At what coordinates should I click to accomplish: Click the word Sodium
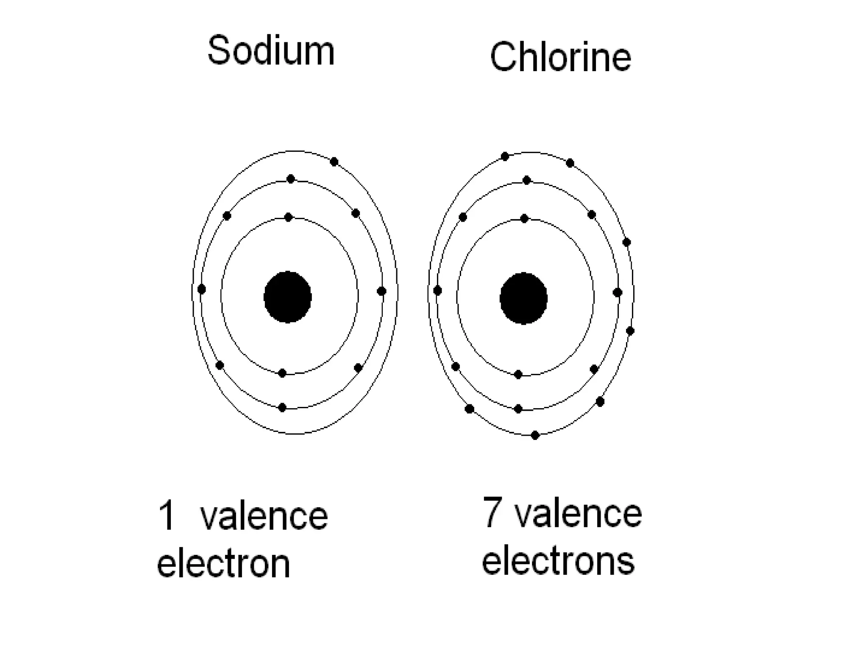point(271,51)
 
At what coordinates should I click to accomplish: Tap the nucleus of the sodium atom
point(288,297)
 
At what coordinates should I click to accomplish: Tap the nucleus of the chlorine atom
point(523,298)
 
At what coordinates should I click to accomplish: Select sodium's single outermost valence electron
point(334,161)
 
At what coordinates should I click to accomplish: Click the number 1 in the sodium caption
point(167,515)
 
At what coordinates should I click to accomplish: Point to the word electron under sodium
point(223,564)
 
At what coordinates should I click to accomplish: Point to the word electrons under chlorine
point(558,560)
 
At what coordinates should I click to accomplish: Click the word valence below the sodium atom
point(264,516)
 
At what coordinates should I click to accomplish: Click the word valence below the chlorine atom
point(579,514)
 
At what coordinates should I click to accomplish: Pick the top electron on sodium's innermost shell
point(289,217)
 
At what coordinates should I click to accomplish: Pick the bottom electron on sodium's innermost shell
point(282,373)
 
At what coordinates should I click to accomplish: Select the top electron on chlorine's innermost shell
point(524,219)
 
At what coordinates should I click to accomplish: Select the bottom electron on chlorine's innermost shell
point(518,374)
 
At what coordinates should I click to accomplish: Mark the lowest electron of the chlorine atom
point(535,435)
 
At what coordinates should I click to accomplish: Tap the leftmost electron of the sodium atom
point(202,289)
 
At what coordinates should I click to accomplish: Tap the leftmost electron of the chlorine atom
point(437,291)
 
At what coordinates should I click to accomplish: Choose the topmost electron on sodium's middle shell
point(290,179)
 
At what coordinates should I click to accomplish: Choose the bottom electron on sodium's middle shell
point(282,408)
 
